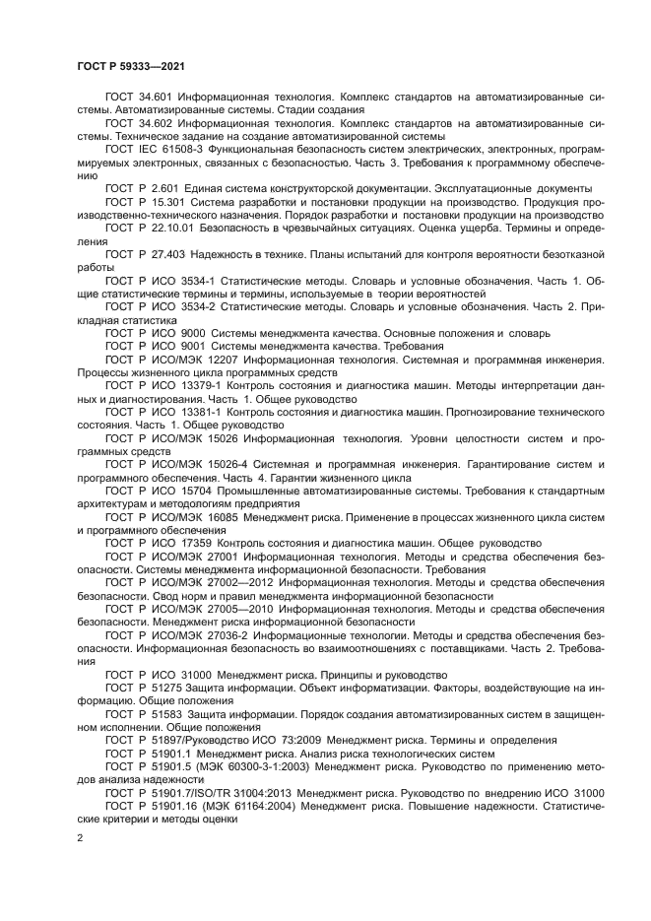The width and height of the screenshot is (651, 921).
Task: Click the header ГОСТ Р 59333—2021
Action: (x=128, y=66)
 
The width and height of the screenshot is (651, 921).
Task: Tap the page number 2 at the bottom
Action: (x=81, y=837)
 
